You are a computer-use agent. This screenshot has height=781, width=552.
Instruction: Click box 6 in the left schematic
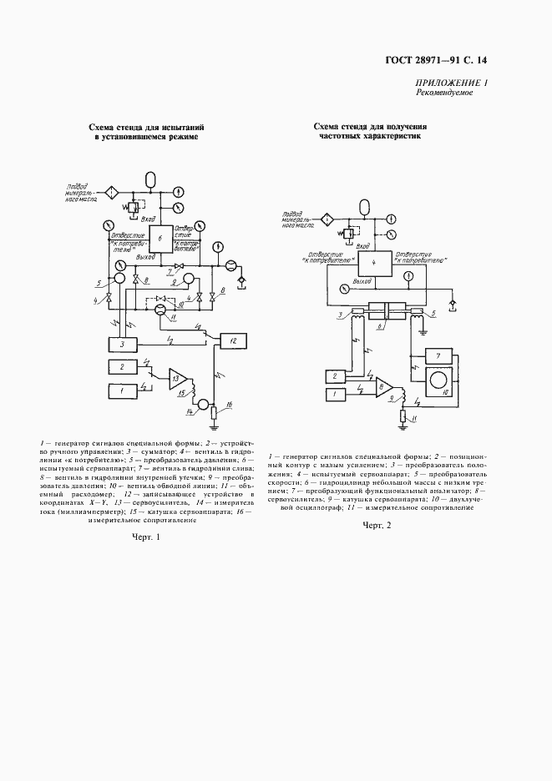(x=160, y=238)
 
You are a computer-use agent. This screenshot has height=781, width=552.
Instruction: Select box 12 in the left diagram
(x=234, y=340)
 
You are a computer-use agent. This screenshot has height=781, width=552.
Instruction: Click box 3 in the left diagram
(x=123, y=344)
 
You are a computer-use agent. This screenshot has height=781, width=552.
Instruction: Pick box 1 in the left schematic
(x=123, y=390)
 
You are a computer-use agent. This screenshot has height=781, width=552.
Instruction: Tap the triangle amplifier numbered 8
(x=384, y=386)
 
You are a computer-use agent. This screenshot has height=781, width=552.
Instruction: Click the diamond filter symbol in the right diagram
(x=328, y=219)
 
